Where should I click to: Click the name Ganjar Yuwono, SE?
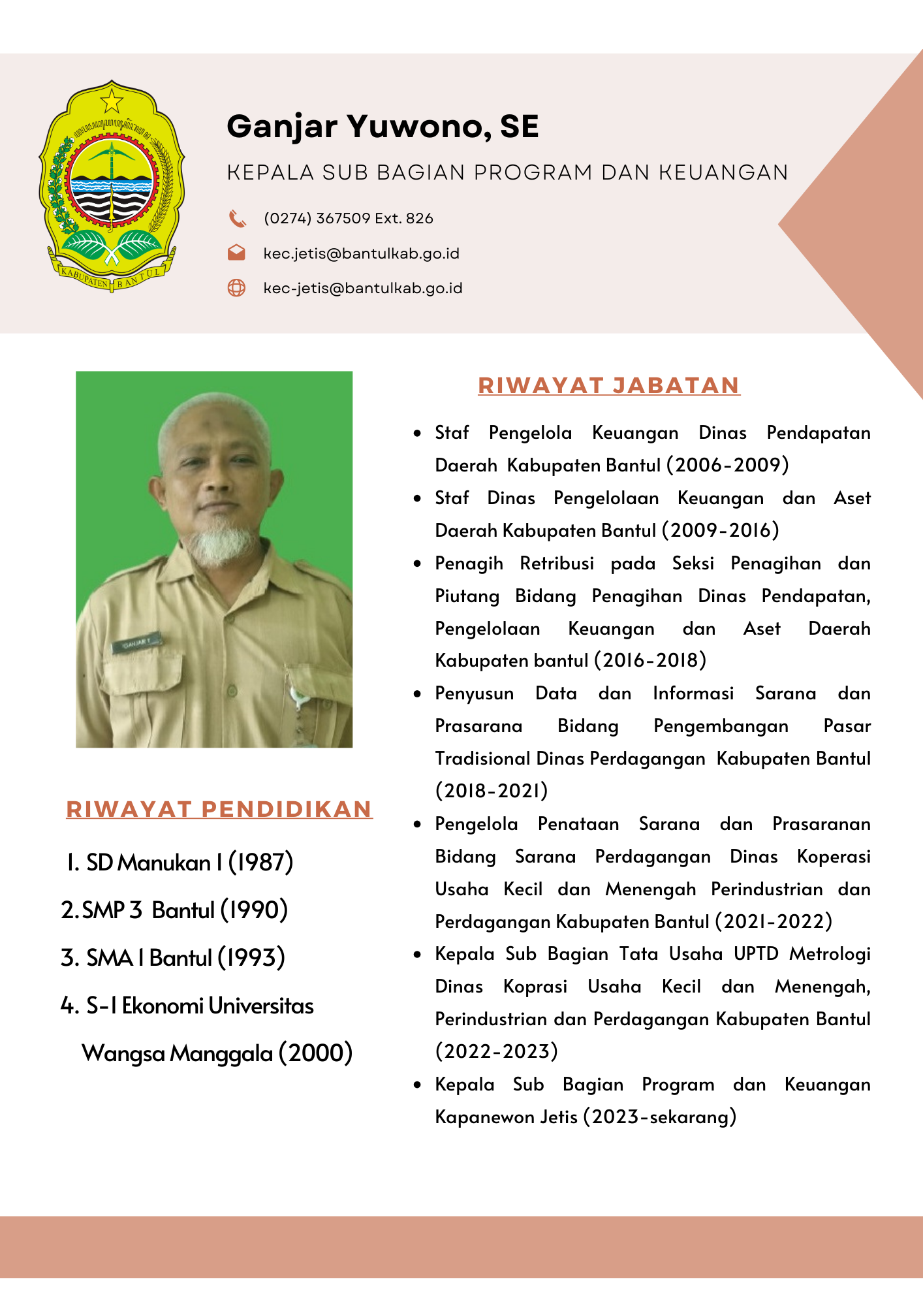pyautogui.click(x=383, y=127)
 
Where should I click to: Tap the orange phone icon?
pyautogui.click(x=237, y=218)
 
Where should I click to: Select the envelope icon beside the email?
pyautogui.click(x=236, y=253)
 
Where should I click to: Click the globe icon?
pyautogui.click(x=236, y=287)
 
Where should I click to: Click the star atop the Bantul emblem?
pyautogui.click(x=112, y=101)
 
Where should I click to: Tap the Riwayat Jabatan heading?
pyautogui.click(x=608, y=385)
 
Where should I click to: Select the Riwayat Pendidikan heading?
pyautogui.click(x=219, y=809)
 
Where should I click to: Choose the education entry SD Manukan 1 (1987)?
pyautogui.click(x=180, y=863)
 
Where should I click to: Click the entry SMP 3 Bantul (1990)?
pyautogui.click(x=174, y=910)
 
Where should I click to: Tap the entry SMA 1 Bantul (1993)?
pyautogui.click(x=173, y=958)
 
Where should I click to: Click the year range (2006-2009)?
pyautogui.click(x=727, y=465)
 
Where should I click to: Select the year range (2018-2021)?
pyautogui.click(x=492, y=791)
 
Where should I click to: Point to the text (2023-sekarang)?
pyautogui.click(x=659, y=1117)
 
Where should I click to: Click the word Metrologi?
pyautogui.click(x=830, y=954)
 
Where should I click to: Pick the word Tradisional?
pyautogui.click(x=482, y=758)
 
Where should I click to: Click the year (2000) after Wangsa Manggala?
pyautogui.click(x=316, y=1053)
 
